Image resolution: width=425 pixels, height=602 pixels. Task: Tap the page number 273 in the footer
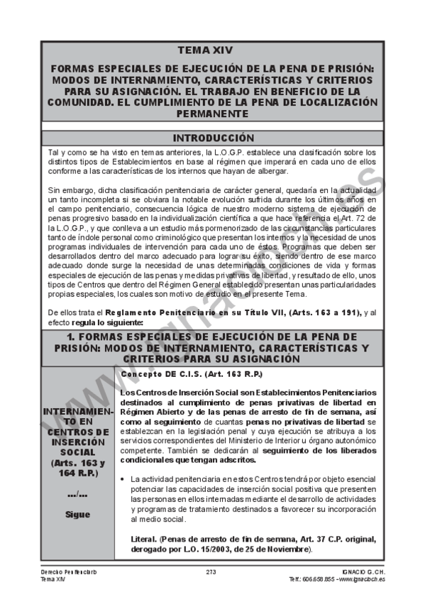[211, 572]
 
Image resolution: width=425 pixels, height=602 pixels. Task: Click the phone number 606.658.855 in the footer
[314, 579]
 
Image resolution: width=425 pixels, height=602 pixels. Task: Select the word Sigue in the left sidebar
[77, 515]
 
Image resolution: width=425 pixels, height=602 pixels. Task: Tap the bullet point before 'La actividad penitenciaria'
[123, 481]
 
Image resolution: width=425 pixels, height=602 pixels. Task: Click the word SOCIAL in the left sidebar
[77, 451]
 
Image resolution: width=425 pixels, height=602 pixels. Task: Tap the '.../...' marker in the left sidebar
[77, 494]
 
